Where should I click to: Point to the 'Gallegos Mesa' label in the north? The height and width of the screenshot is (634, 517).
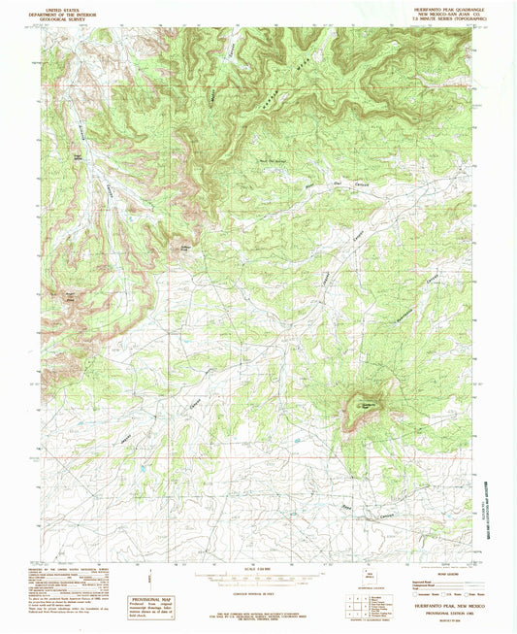[272, 84]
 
